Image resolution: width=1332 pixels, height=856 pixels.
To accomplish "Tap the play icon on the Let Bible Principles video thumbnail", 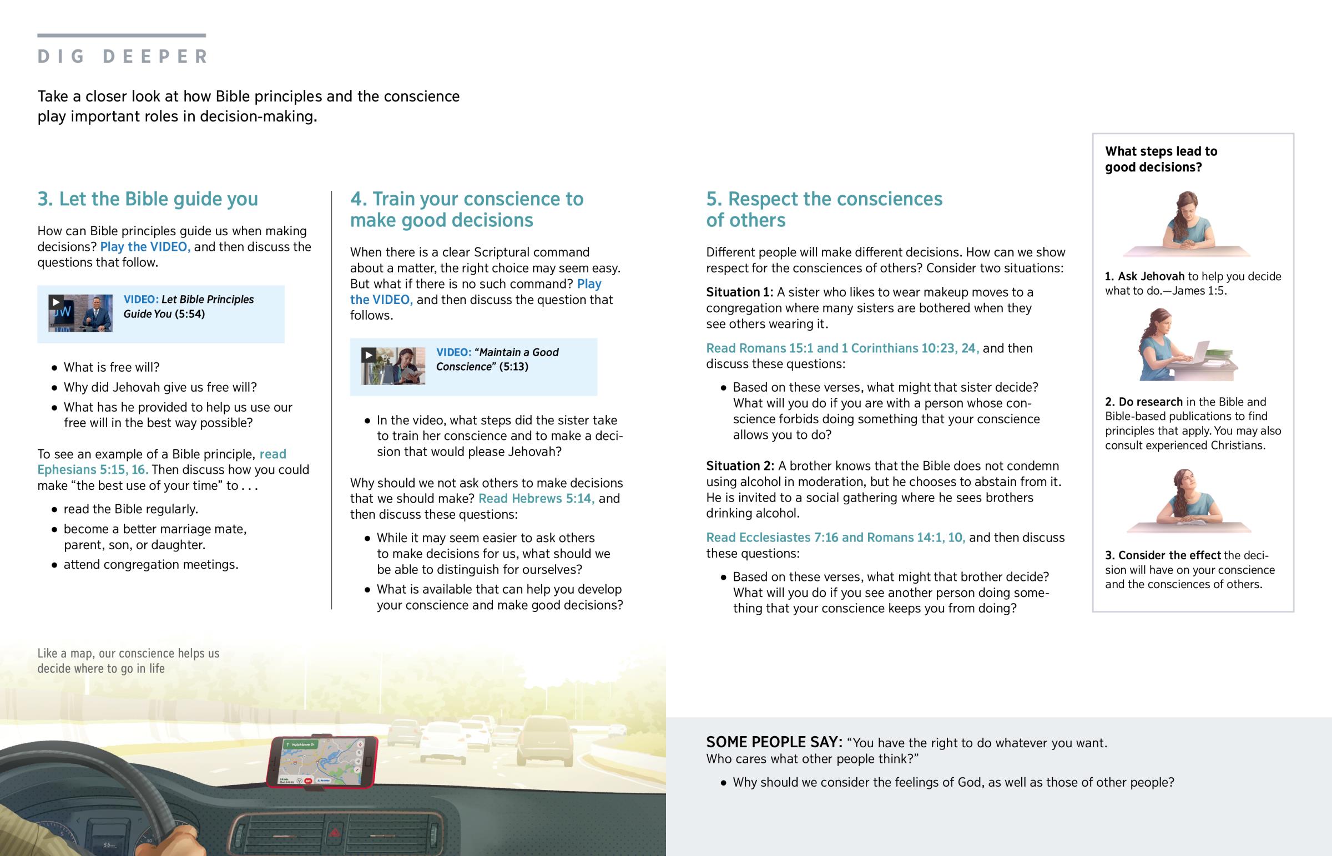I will (x=56, y=302).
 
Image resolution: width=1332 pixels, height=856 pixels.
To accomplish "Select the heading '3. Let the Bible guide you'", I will (x=147, y=199).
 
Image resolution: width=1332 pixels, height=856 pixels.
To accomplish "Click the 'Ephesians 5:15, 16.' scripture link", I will (x=93, y=470).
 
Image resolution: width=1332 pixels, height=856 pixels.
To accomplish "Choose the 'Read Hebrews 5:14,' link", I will (x=536, y=499).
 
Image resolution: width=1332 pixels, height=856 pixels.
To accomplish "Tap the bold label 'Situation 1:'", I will (x=739, y=292).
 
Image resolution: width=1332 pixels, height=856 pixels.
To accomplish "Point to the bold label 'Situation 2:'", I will (x=739, y=467).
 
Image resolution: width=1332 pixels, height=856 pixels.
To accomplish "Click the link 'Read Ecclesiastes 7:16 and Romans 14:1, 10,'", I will (x=835, y=538).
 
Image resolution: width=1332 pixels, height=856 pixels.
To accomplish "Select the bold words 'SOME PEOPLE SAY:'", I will (x=774, y=743).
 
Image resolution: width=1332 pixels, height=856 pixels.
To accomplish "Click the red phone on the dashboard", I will (x=322, y=762).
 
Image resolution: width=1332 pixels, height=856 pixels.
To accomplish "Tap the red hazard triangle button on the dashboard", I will (x=335, y=832).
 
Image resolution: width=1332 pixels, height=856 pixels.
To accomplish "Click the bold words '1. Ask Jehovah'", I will (x=1144, y=277).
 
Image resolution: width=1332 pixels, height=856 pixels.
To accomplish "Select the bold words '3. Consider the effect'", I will (x=1162, y=555).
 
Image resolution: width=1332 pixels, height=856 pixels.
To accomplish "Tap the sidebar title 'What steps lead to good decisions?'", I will (x=1160, y=159).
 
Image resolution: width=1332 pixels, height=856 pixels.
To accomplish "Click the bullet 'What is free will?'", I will (x=111, y=367).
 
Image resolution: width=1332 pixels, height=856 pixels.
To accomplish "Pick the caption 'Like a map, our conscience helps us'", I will (x=128, y=654).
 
